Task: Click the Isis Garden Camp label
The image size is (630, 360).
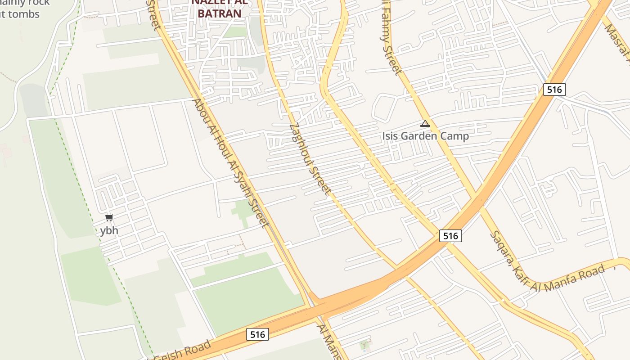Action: (x=425, y=136)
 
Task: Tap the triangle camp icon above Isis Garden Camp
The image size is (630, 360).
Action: (x=425, y=124)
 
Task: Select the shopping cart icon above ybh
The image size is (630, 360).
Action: (x=109, y=218)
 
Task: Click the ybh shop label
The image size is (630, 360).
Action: (x=109, y=230)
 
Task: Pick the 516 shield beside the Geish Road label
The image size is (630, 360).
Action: (x=257, y=334)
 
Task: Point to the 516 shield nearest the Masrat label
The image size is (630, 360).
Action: (x=554, y=90)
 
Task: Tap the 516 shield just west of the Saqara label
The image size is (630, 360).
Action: (x=450, y=236)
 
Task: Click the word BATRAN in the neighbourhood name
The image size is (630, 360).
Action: (x=220, y=13)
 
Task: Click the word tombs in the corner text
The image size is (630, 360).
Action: (x=22, y=14)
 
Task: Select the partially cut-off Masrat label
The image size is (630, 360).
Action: (x=617, y=41)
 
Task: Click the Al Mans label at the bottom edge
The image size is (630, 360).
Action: (x=329, y=342)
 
